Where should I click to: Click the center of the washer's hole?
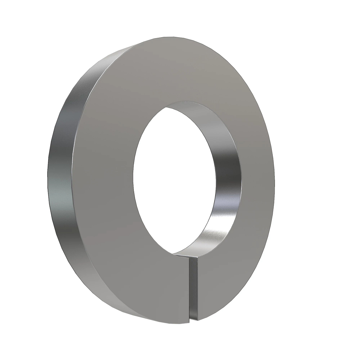(174, 180)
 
